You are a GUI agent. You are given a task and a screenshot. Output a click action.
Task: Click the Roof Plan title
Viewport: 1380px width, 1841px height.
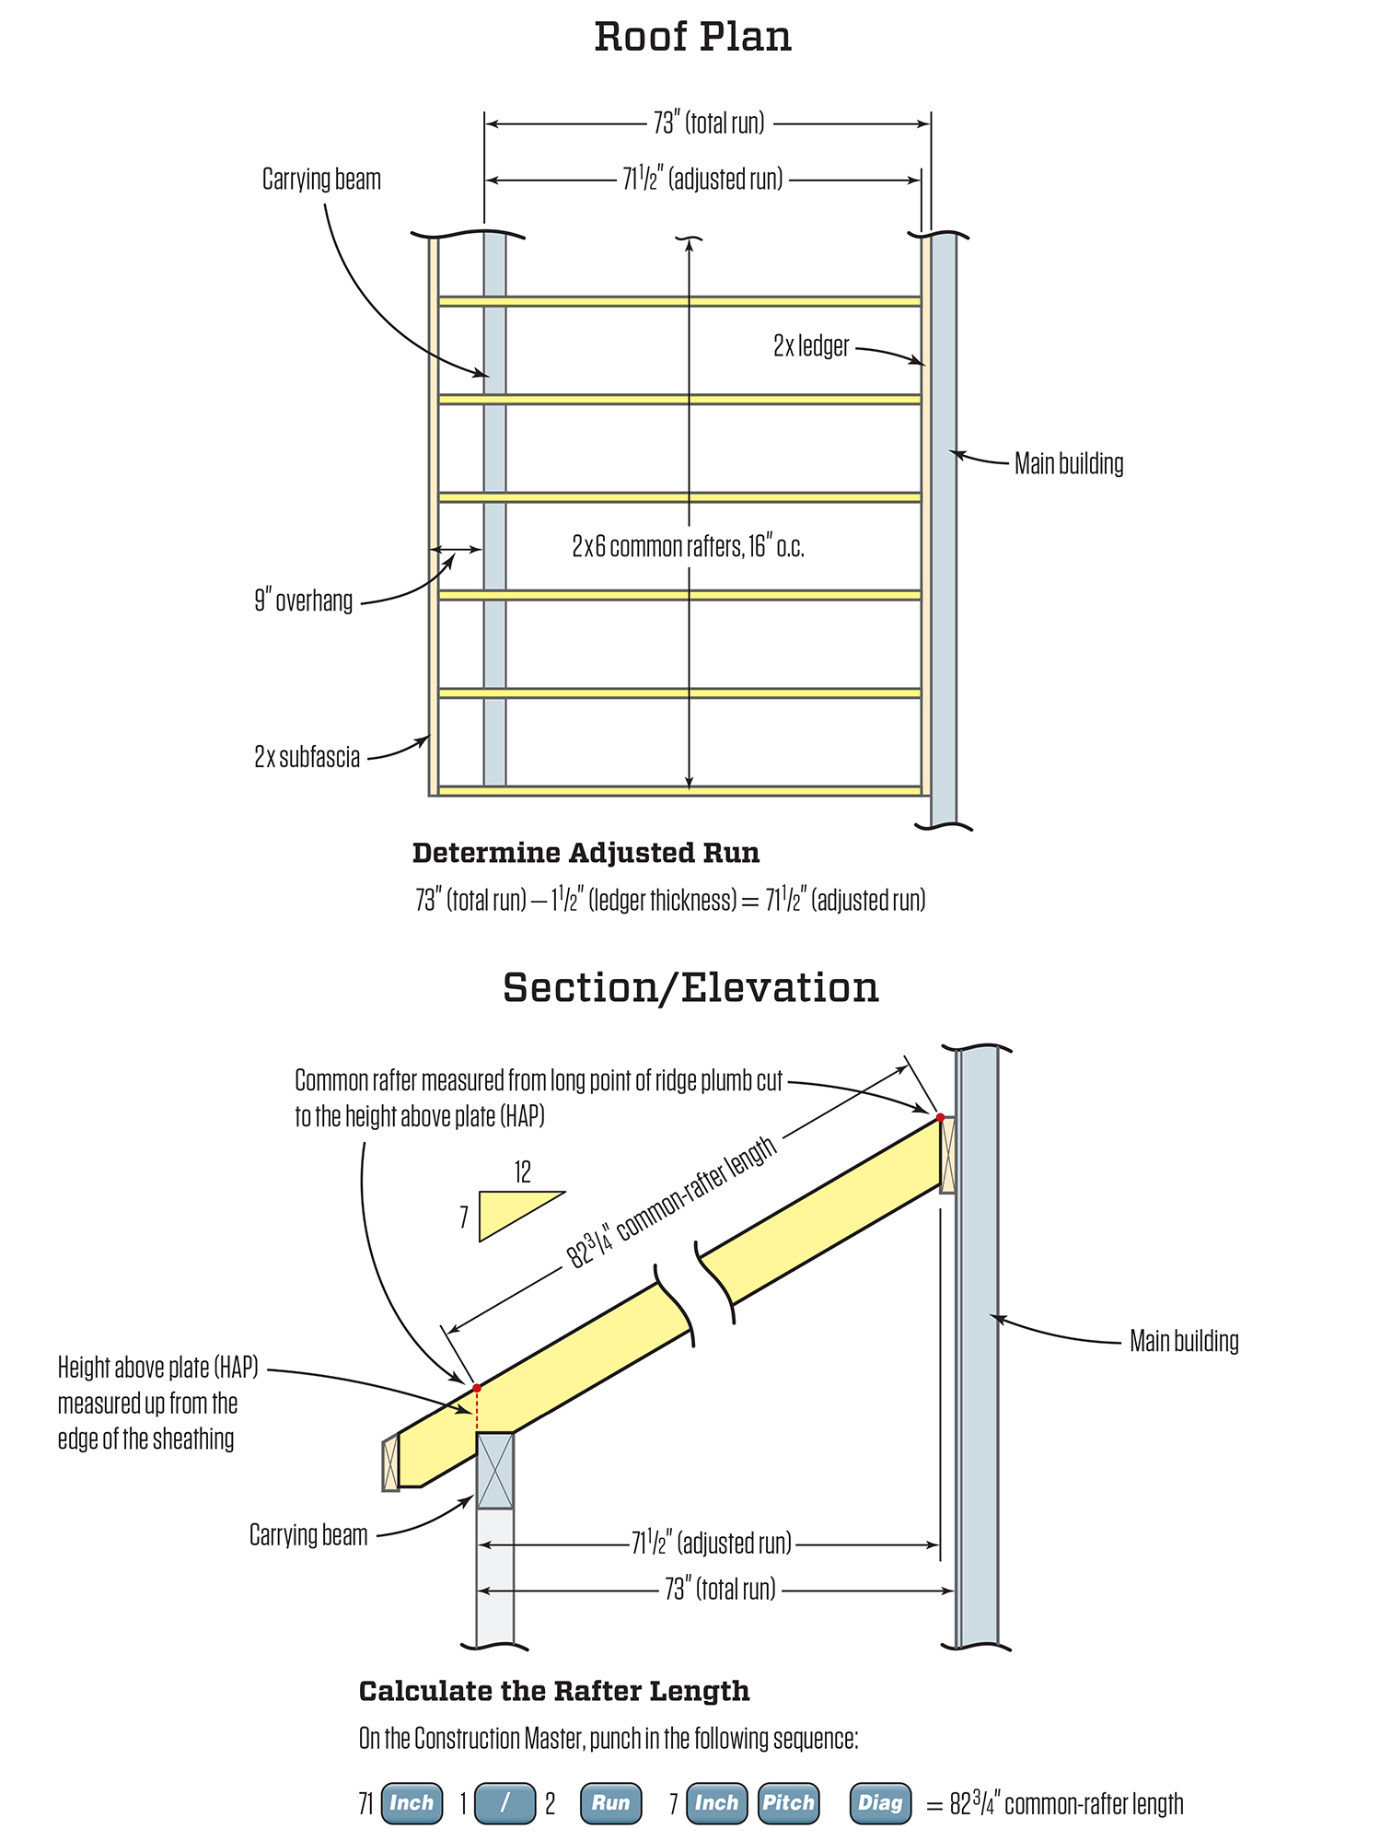(692, 37)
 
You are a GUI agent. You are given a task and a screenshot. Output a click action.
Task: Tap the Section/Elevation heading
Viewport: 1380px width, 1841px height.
(690, 987)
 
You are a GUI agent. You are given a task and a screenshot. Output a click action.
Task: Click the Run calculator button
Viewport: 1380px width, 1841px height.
(610, 1802)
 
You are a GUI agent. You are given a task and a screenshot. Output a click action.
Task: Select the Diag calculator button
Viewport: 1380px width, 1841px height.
(880, 1802)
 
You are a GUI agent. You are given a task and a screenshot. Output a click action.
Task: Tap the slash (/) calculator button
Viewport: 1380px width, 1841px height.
(504, 1802)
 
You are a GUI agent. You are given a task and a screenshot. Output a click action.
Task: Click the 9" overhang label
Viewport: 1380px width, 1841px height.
(304, 601)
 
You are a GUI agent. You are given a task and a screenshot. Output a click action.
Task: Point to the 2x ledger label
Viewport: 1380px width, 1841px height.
(811, 346)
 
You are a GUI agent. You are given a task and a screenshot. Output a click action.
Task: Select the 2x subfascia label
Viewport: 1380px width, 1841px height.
(307, 757)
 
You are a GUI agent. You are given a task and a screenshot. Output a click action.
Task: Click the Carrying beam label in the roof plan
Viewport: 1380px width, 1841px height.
(321, 180)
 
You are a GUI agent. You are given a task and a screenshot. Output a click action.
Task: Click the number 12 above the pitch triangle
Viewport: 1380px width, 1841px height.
(522, 1172)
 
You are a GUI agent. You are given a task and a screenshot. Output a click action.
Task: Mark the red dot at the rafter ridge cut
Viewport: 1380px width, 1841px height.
(940, 1117)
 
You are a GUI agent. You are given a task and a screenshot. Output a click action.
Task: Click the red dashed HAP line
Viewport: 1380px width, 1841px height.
(477, 1409)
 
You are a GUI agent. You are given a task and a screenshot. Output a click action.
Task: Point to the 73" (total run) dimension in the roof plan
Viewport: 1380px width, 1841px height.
(709, 123)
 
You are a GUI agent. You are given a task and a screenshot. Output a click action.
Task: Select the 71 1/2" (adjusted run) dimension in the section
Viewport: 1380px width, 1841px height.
(711, 1543)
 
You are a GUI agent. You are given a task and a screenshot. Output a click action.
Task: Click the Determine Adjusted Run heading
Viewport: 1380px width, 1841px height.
(586, 853)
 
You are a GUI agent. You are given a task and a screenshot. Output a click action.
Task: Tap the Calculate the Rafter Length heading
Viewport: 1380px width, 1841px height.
(554, 1691)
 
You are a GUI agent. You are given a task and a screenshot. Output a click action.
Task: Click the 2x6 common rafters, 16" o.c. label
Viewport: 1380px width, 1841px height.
(688, 547)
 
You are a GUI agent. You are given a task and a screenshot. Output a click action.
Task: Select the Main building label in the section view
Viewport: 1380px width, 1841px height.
(1184, 1341)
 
